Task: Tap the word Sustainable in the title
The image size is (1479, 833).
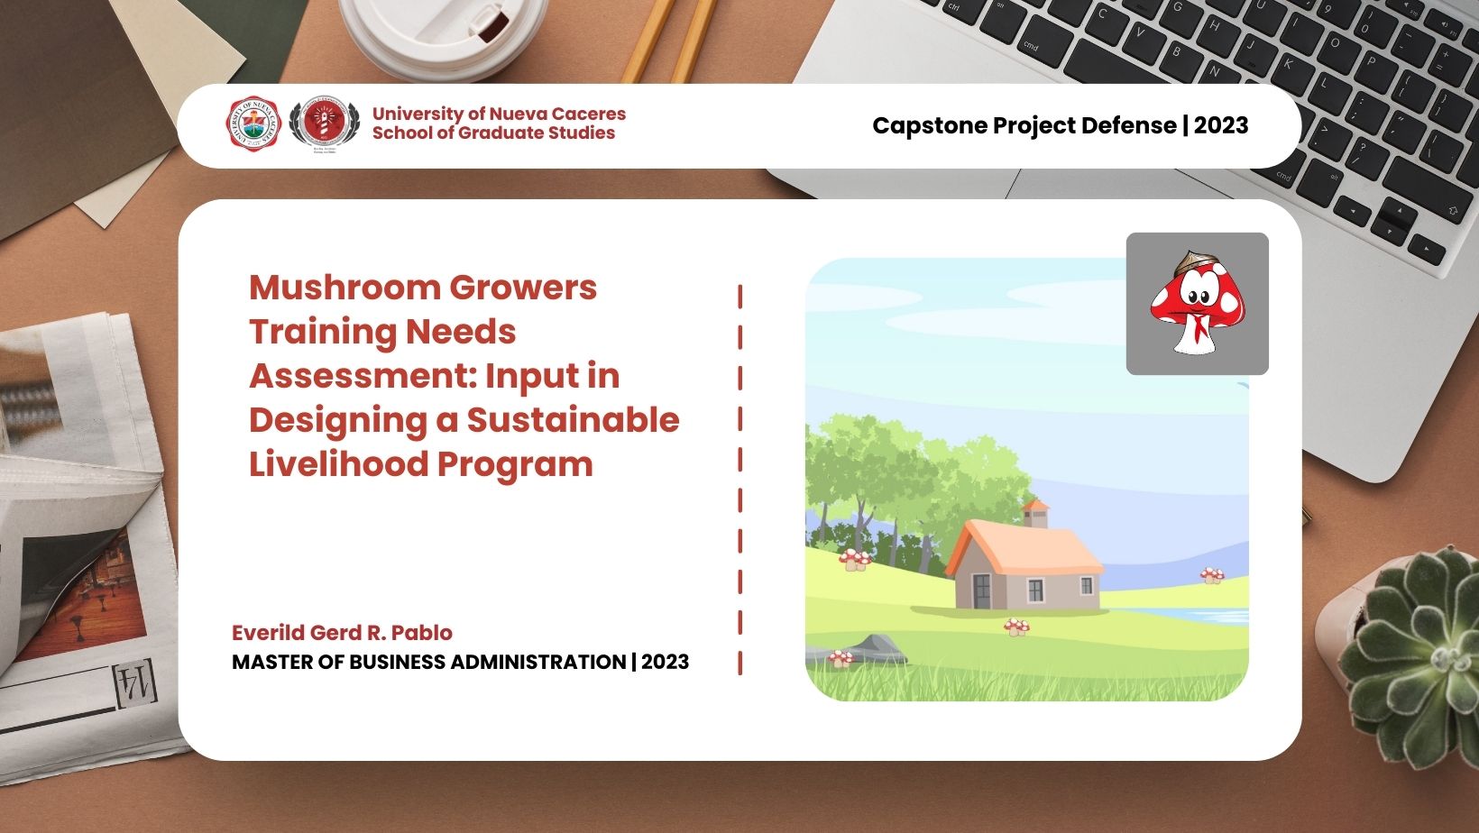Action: click(x=573, y=420)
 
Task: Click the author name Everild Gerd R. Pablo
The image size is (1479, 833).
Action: click(x=342, y=633)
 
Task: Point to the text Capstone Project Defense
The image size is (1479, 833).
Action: click(x=1024, y=125)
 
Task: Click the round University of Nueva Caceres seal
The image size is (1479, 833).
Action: click(x=253, y=124)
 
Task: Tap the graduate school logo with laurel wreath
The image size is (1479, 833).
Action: click(x=324, y=124)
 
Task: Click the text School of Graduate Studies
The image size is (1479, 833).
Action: click(x=493, y=133)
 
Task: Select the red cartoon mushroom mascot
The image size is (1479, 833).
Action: click(x=1197, y=304)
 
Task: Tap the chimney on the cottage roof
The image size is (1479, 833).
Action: click(x=1035, y=514)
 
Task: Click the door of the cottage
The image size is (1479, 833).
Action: click(x=980, y=590)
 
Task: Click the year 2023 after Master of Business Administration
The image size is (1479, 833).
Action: click(x=666, y=663)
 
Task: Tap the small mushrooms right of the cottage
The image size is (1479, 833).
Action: click(x=1211, y=574)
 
